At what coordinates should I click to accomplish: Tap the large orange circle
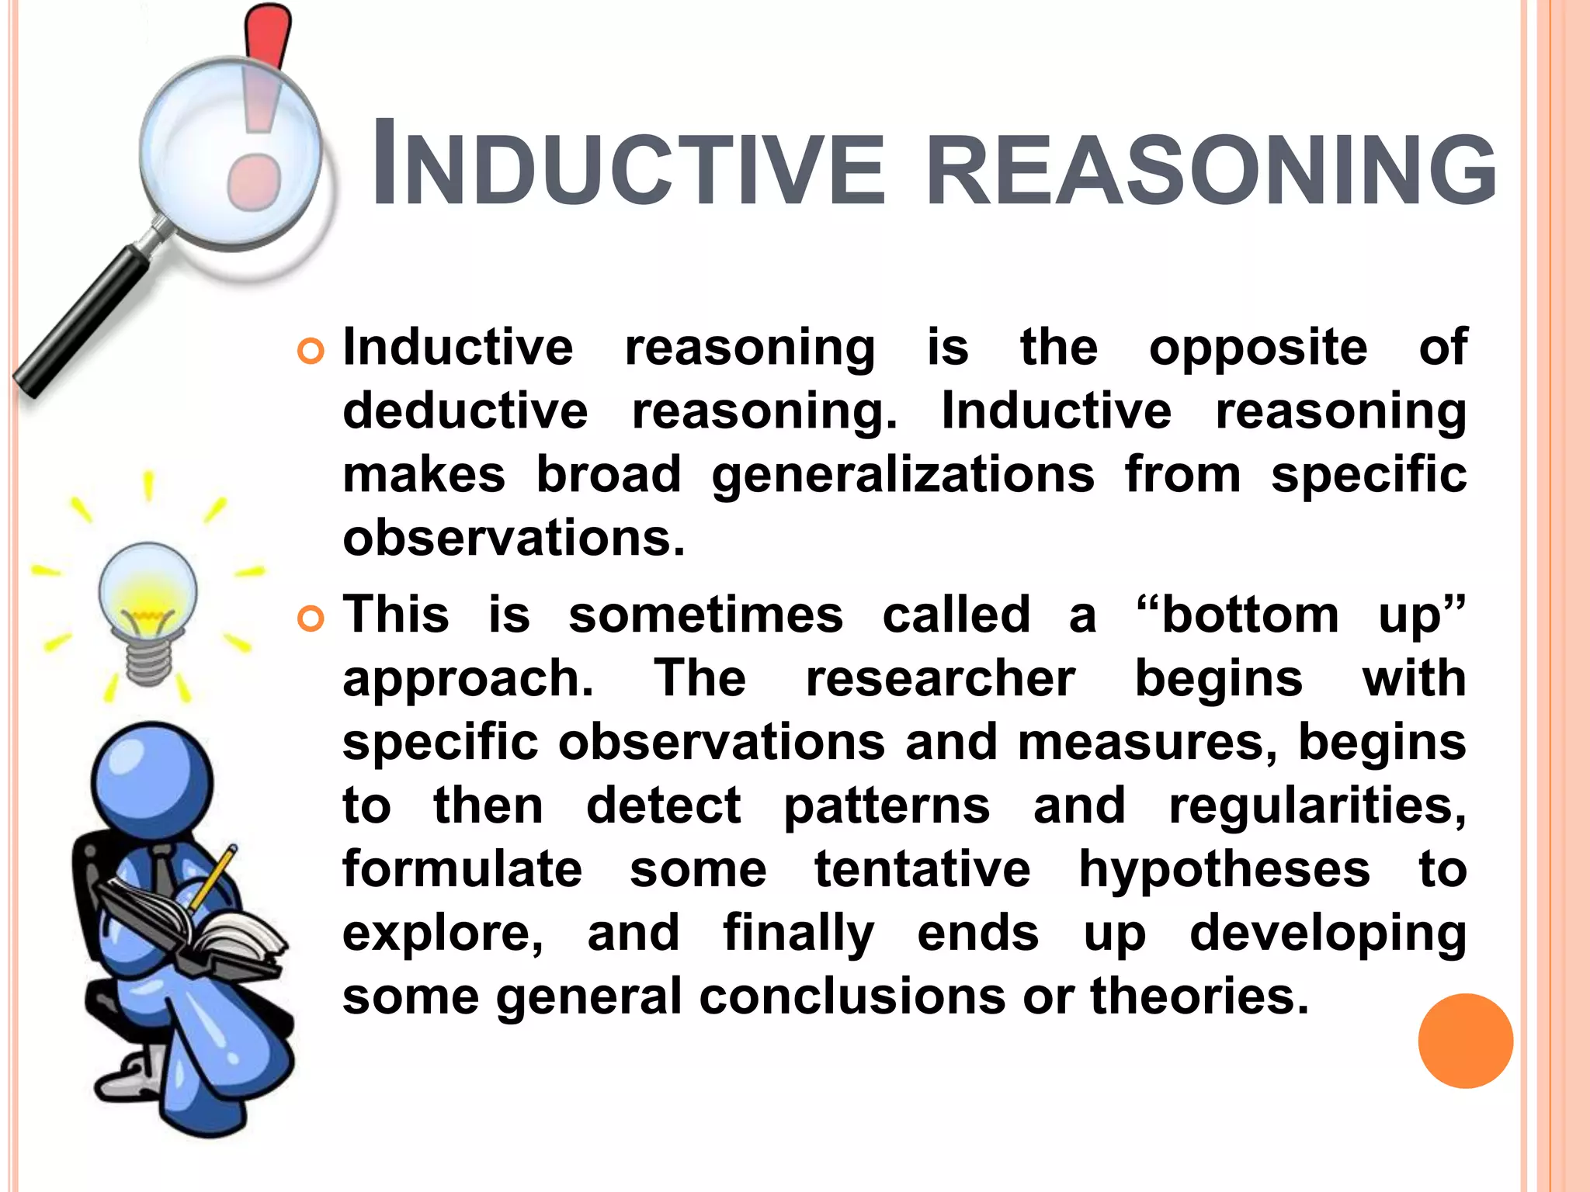click(1465, 1041)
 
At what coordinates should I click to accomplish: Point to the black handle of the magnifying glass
click(78, 324)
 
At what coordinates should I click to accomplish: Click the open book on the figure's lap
click(202, 927)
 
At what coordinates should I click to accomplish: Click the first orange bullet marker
click(311, 352)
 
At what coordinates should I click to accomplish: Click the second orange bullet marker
click(311, 619)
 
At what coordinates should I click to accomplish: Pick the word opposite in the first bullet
click(1258, 347)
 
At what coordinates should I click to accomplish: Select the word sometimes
click(705, 615)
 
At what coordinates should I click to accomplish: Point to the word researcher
click(940, 678)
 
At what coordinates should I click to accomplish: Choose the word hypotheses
click(1224, 869)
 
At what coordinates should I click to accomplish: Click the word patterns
click(887, 806)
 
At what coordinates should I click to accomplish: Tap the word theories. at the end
click(1199, 996)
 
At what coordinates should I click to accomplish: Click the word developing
click(1328, 933)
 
